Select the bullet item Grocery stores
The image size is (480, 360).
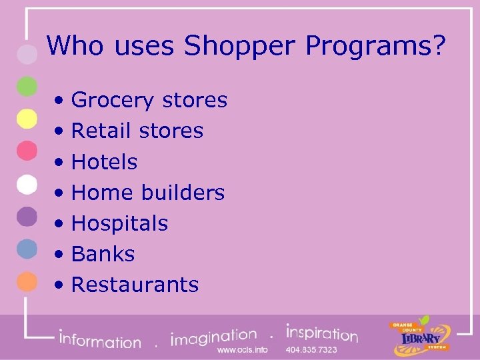point(149,101)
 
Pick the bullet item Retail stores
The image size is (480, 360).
point(137,131)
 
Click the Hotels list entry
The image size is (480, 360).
point(104,162)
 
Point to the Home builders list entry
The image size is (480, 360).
point(147,193)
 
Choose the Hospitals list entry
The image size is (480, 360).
point(119,223)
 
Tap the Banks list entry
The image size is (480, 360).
point(103,254)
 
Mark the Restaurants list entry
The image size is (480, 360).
point(135,285)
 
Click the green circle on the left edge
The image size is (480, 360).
point(27,87)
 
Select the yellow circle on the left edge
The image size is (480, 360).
point(27,119)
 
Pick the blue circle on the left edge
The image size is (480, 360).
point(27,249)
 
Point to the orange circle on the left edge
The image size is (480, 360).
point(27,281)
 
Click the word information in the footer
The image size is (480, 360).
point(100,340)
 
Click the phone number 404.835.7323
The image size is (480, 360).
point(311,350)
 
